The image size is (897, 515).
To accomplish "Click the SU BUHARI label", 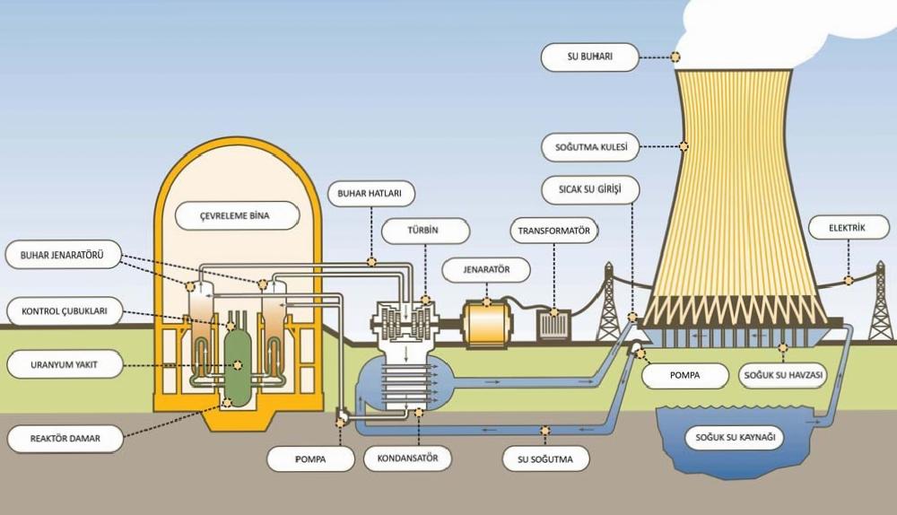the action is pos(590,57).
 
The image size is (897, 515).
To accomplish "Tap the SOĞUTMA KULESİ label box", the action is pos(591,147).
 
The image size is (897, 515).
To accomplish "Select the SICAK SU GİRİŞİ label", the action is pos(590,189).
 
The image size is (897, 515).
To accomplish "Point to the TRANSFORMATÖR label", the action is pos(553,231).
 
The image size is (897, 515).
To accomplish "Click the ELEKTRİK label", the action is pos(848,228).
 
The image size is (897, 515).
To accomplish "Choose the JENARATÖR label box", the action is pos(486,269).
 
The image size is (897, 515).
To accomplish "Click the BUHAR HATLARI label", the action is pos(370,194).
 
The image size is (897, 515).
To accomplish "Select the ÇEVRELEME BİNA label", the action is pos(237,215).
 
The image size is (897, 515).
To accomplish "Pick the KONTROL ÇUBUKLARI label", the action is pos(65,311).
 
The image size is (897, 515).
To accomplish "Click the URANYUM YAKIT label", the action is pos(65,364).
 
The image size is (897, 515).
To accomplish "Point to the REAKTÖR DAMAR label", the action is pos(65,439).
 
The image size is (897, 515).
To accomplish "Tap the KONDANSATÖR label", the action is pos(408,458).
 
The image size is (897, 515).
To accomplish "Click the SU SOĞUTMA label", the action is pos(545,458).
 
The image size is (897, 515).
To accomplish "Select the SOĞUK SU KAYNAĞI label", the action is pos(736,438).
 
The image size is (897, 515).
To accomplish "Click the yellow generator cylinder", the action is pos(487,324).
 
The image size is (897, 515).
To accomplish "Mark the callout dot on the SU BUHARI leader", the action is pos(675,57).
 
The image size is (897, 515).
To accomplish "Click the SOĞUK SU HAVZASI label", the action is pos(783,375).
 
